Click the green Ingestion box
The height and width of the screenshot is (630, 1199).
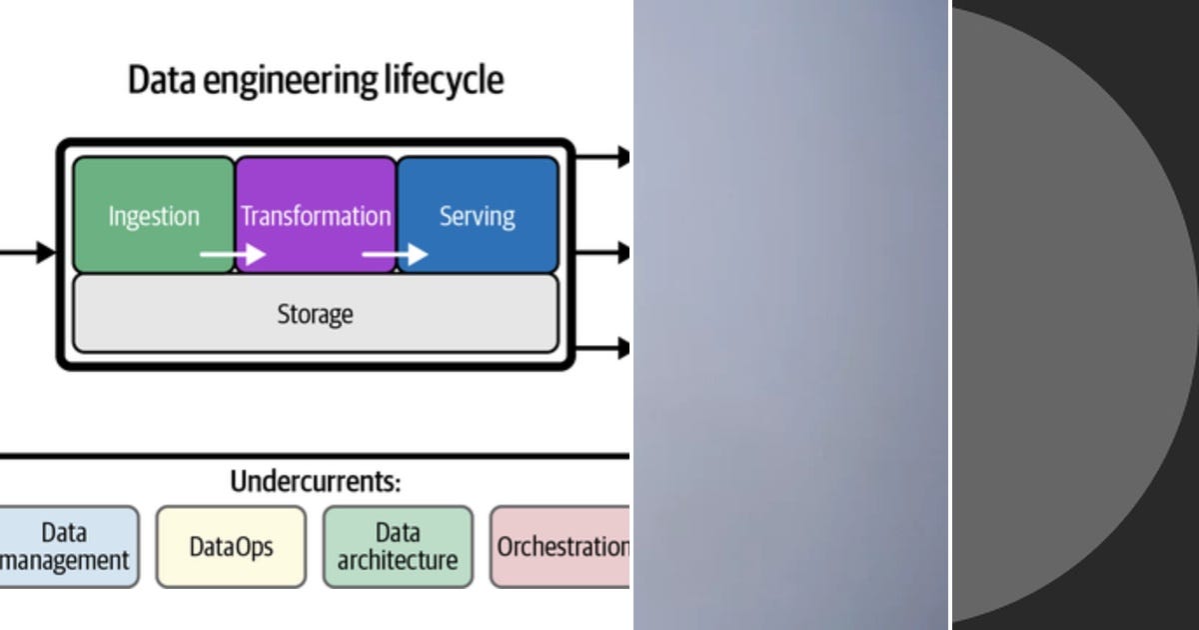pos(154,215)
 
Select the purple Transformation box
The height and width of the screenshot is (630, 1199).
pos(316,215)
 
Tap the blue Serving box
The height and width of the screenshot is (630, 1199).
pos(478,215)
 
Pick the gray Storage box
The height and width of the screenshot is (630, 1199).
pos(315,314)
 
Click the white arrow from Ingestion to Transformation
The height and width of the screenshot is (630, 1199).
pos(232,255)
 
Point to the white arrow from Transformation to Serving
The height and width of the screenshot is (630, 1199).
pos(394,255)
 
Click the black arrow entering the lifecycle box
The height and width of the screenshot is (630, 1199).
pos(30,252)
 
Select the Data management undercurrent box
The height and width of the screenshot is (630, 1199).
pos(66,546)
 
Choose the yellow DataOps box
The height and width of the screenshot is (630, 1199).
pos(231,546)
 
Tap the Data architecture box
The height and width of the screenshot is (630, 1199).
pos(397,546)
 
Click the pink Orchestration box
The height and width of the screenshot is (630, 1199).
pos(561,546)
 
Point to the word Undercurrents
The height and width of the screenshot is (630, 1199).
pos(315,482)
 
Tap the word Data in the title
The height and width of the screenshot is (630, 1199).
pos(162,80)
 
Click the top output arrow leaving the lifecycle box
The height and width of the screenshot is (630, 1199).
pos(603,156)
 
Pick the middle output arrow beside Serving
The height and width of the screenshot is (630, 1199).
pos(603,253)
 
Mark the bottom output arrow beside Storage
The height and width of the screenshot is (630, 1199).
pos(603,348)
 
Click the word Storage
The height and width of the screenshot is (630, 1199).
pos(315,314)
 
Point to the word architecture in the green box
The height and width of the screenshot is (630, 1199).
pos(397,561)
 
